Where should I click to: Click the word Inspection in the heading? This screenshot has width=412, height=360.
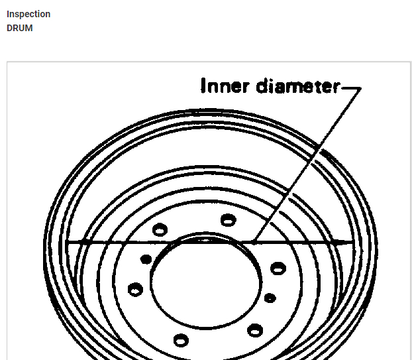click(x=28, y=14)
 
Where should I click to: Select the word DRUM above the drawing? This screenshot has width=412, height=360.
click(x=20, y=28)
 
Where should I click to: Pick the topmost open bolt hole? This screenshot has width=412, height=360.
click(x=229, y=219)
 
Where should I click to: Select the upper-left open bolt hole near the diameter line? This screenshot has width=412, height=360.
click(x=160, y=230)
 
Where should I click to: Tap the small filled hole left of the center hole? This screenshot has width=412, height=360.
click(x=146, y=259)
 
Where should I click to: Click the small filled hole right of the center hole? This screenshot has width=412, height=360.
click(x=270, y=298)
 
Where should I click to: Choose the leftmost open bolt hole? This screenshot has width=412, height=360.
click(x=135, y=289)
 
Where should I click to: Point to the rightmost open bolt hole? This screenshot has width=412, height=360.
click(x=278, y=268)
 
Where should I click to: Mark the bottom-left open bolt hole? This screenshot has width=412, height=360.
click(x=181, y=340)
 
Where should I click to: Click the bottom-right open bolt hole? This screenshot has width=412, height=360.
click(x=255, y=330)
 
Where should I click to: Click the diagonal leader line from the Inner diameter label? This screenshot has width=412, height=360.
click(x=308, y=162)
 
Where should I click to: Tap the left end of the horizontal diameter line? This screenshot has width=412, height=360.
click(x=67, y=242)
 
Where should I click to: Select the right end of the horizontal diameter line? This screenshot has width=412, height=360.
click(x=351, y=242)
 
